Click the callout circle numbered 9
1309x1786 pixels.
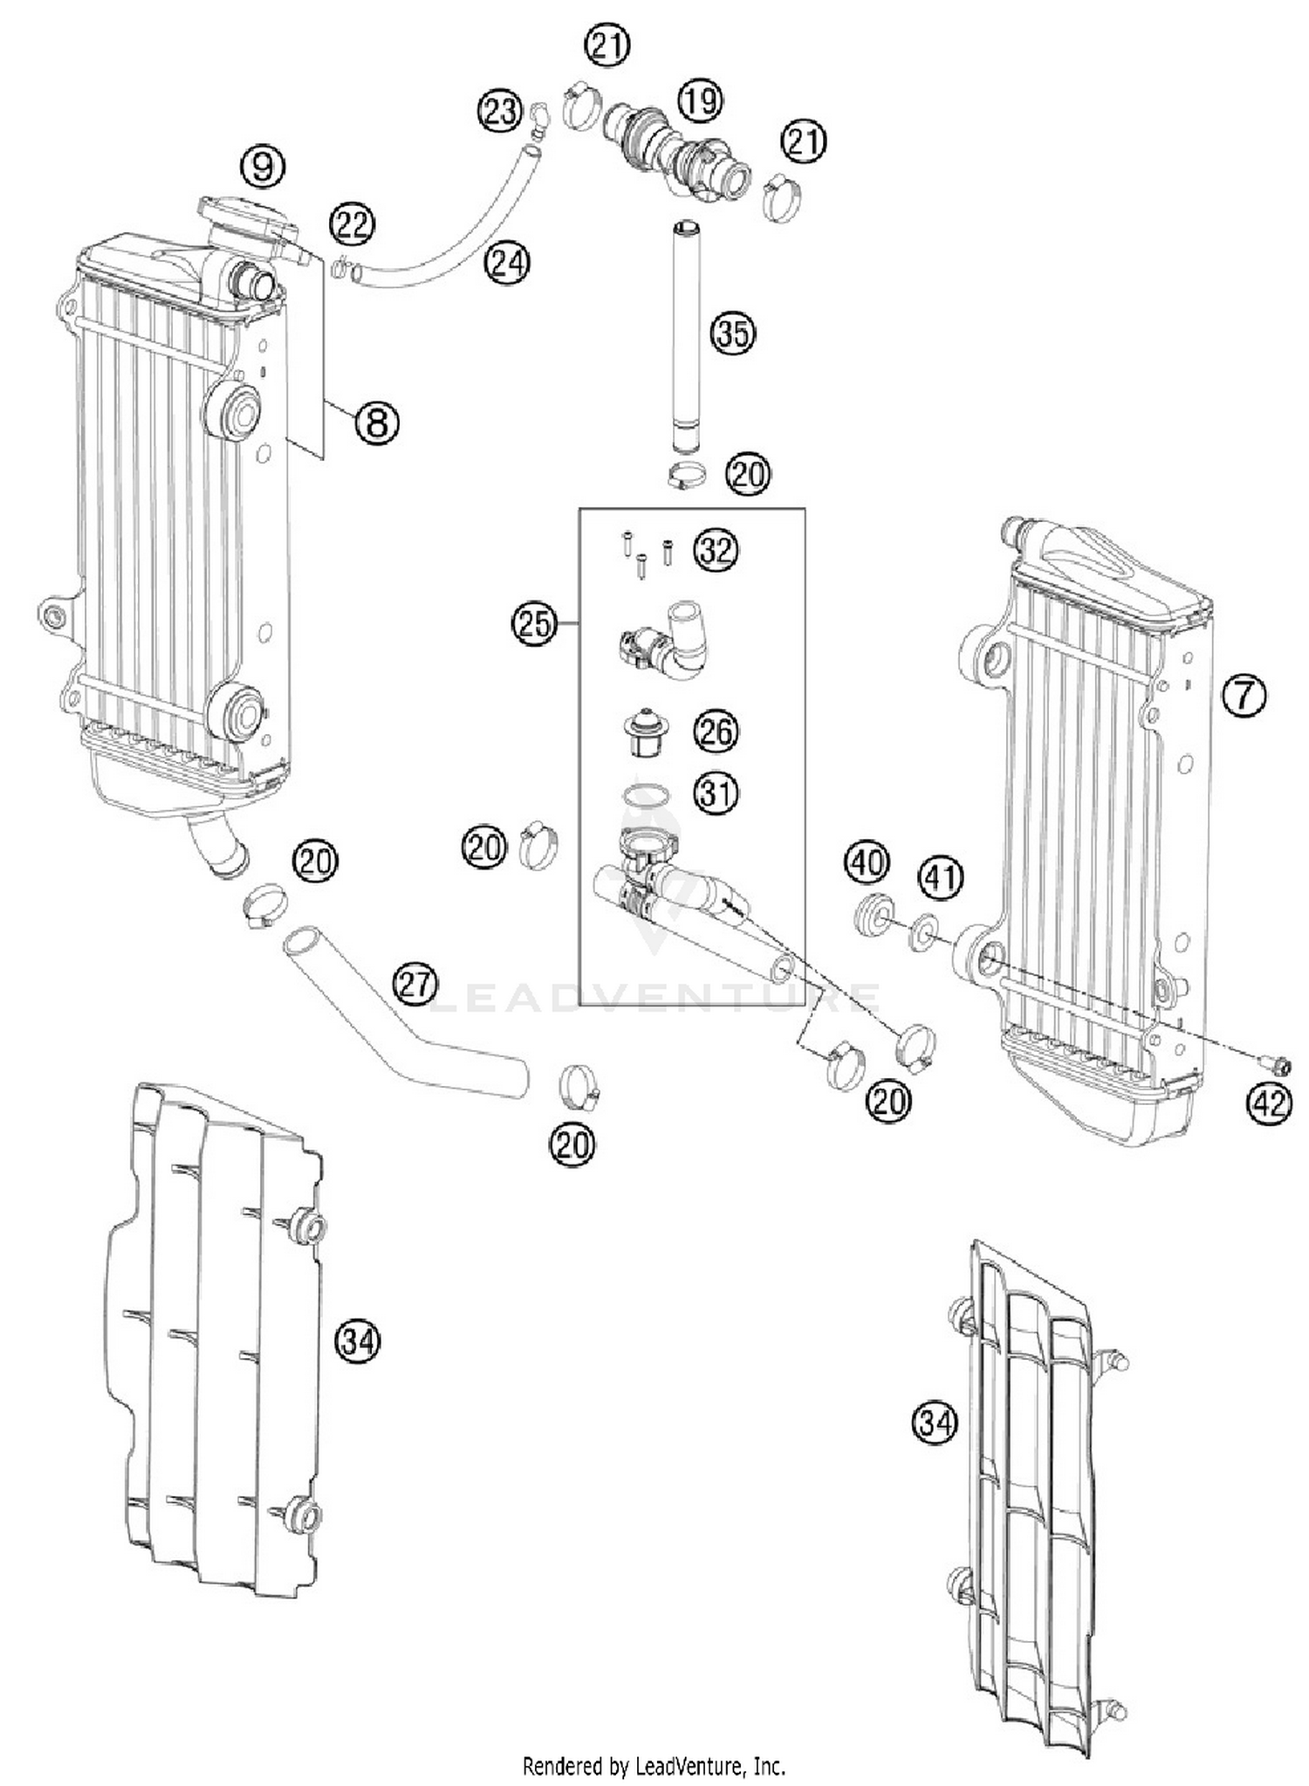pos(263,166)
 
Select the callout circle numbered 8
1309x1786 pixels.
pos(376,423)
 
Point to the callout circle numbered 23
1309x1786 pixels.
pos(499,112)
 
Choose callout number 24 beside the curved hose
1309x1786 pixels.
pos(508,262)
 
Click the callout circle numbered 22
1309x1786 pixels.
pos(353,225)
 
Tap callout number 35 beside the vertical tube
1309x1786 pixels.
pos(732,333)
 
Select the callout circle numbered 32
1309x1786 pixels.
pos(716,551)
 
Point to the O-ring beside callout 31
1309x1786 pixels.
pos(646,794)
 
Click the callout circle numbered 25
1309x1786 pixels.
pos(534,623)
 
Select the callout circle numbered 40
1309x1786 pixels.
pos(867,862)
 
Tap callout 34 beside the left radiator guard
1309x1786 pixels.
pos(358,1339)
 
